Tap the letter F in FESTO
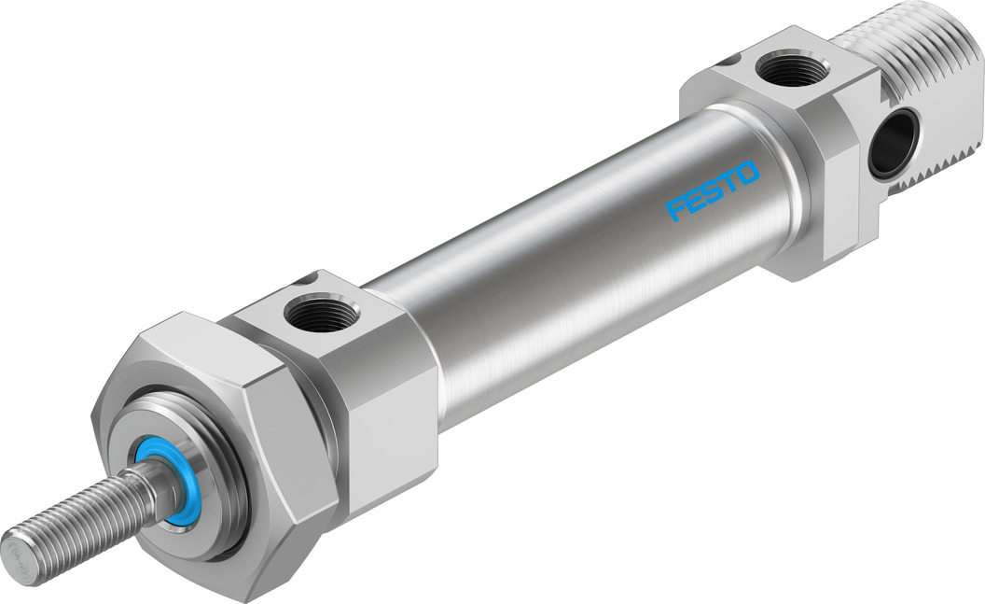676,210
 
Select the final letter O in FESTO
749,173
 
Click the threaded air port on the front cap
319,312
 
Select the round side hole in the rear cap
893,143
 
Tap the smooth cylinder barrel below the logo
597,280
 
